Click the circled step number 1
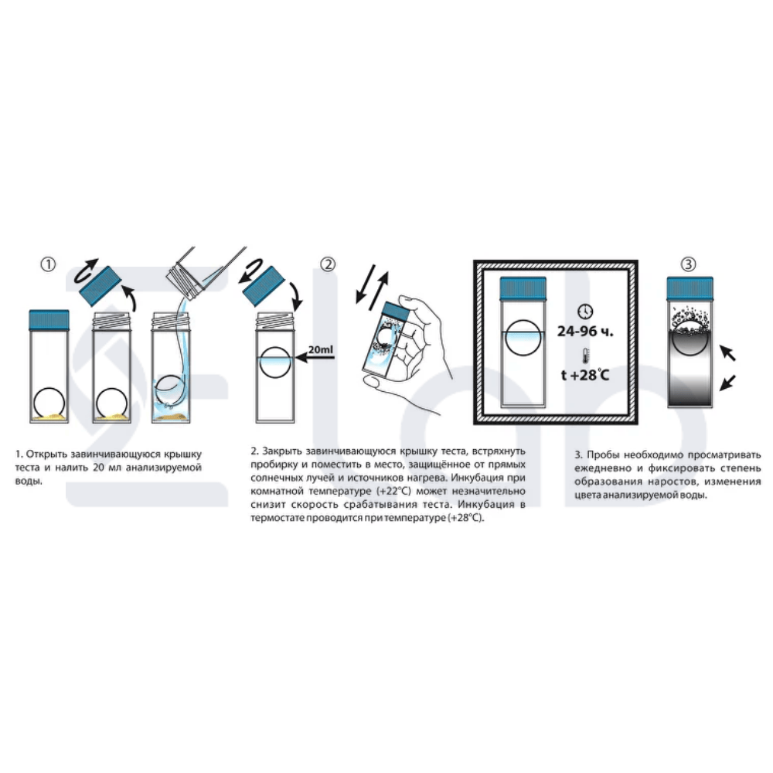click(48, 264)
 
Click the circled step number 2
click(328, 264)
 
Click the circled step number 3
click(688, 264)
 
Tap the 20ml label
click(321, 349)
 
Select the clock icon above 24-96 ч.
click(584, 312)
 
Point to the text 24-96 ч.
click(586, 331)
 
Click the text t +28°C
click(585, 375)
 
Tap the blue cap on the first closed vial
click(49, 320)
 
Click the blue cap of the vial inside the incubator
click(523, 289)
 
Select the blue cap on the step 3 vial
click(690, 288)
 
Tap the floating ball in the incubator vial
click(523, 338)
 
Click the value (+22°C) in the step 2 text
click(394, 491)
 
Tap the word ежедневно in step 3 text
click(603, 468)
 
